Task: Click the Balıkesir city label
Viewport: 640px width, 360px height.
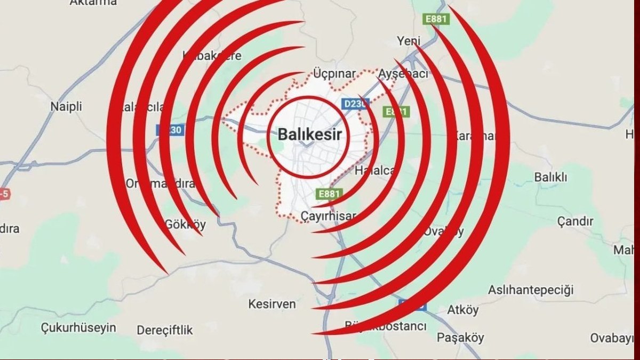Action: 309,134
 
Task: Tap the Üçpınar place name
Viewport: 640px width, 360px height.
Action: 334,74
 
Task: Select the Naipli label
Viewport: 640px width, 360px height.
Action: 66,107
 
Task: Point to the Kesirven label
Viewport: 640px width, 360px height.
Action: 272,304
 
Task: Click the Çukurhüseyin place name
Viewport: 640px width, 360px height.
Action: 78,328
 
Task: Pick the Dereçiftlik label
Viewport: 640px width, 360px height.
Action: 165,330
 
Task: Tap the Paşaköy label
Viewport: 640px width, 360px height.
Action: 460,338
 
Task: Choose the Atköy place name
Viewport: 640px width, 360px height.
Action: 463,310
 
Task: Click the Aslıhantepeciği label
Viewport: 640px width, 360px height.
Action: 531,290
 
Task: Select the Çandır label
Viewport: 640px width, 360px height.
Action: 575,221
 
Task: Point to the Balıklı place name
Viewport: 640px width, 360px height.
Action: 551,177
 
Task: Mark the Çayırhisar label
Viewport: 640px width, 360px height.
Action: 328,216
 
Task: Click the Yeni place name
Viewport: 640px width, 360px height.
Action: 409,41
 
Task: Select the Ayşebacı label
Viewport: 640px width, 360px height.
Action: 404,74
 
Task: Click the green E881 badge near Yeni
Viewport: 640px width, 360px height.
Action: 436,19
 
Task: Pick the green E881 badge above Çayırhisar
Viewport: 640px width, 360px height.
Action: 329,194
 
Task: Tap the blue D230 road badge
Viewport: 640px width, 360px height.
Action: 354,103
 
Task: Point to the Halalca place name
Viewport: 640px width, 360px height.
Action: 375,171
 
